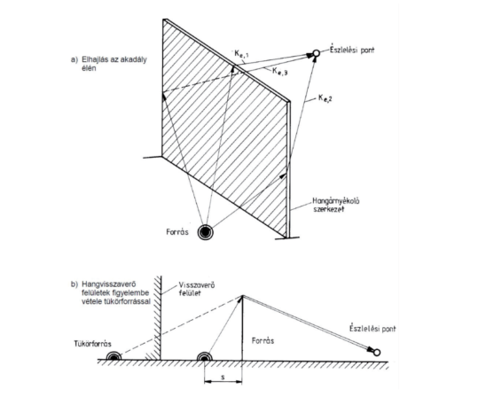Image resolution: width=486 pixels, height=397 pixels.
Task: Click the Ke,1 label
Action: click(x=242, y=54)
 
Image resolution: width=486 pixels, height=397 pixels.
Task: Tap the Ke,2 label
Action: click(x=325, y=98)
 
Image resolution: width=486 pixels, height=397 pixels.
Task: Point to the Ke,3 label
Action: click(x=280, y=71)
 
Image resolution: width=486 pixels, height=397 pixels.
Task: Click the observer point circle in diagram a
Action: click(x=316, y=53)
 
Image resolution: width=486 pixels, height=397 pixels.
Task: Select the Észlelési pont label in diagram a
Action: click(x=352, y=51)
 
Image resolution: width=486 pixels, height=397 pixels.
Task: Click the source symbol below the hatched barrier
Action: click(x=206, y=232)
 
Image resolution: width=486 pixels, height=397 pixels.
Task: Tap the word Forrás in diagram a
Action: click(x=177, y=232)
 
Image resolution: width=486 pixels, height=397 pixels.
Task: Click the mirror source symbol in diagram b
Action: click(x=114, y=356)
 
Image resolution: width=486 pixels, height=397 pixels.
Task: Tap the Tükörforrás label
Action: click(x=92, y=344)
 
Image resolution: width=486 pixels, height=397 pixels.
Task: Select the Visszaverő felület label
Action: click(x=197, y=289)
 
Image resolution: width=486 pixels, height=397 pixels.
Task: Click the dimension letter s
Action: click(x=223, y=377)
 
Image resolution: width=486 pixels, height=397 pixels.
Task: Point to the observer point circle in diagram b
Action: click(x=377, y=353)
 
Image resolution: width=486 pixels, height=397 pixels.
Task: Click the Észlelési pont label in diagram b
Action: click(x=372, y=329)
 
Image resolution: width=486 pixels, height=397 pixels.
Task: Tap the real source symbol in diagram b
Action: click(x=205, y=357)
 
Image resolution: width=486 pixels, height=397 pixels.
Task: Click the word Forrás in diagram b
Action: click(x=263, y=341)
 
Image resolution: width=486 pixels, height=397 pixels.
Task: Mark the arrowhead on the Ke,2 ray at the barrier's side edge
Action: click(x=283, y=175)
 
